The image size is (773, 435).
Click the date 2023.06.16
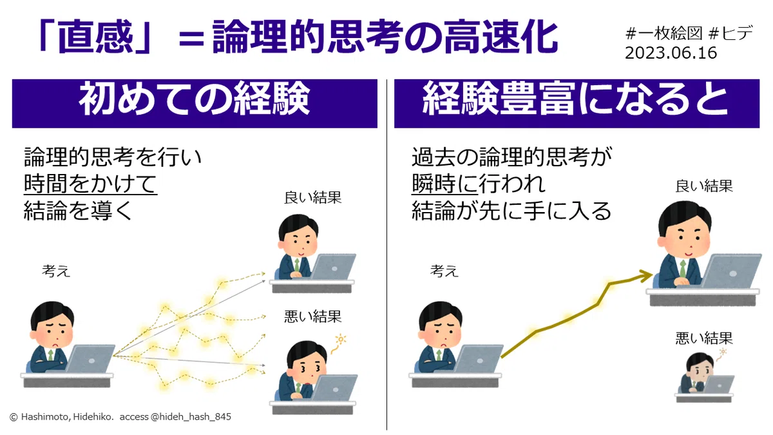pyautogui.click(x=671, y=53)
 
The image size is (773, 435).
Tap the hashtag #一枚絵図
pyautogui.click(x=664, y=34)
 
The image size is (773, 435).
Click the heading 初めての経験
pyautogui.click(x=195, y=99)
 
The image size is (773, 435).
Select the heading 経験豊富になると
pyautogui.click(x=576, y=99)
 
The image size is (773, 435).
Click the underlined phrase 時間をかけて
pyautogui.click(x=90, y=184)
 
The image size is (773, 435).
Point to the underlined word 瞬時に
pyautogui.click(x=445, y=184)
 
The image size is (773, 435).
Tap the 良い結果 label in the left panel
pyautogui.click(x=312, y=198)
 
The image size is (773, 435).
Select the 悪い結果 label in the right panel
pyautogui.click(x=704, y=338)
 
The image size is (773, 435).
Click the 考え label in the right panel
pyautogui.click(x=444, y=271)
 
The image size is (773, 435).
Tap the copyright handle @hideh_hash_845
pyautogui.click(x=191, y=417)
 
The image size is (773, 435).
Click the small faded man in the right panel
pyautogui.click(x=704, y=378)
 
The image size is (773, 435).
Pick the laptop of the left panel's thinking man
pyautogui.click(x=90, y=358)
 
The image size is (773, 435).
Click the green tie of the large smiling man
pyautogui.click(x=683, y=269)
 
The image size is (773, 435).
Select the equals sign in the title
pyautogui.click(x=191, y=39)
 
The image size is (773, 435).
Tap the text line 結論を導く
pyautogui.click(x=78, y=211)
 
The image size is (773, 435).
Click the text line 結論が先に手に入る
pyautogui.click(x=511, y=211)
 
